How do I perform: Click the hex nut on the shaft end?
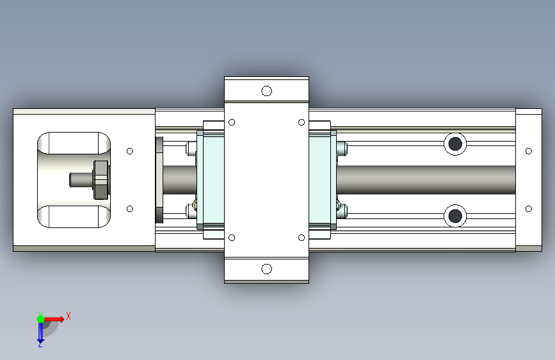pyautogui.click(x=101, y=179)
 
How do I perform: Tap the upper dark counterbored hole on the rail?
pyautogui.click(x=455, y=144)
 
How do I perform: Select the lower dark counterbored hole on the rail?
pyautogui.click(x=455, y=216)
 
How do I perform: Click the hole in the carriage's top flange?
pyautogui.click(x=266, y=91)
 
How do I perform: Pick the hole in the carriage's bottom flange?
pyautogui.click(x=266, y=269)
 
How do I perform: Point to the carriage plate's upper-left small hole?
pyautogui.click(x=232, y=122)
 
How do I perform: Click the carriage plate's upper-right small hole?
pyautogui.click(x=302, y=122)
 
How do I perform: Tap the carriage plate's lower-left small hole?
pyautogui.click(x=232, y=238)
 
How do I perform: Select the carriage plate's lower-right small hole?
pyautogui.click(x=302, y=238)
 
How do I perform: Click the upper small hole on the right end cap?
pyautogui.click(x=529, y=151)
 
